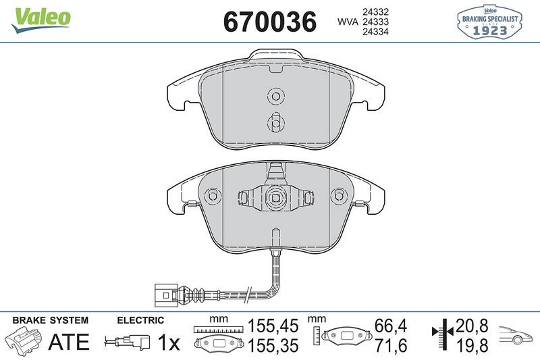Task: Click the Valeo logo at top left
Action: pyautogui.click(x=40, y=17)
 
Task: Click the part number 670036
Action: pyautogui.click(x=269, y=22)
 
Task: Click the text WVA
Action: pyautogui.click(x=348, y=22)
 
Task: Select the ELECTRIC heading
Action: pyautogui.click(x=140, y=320)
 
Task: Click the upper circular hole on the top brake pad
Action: pyautogui.click(x=274, y=97)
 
